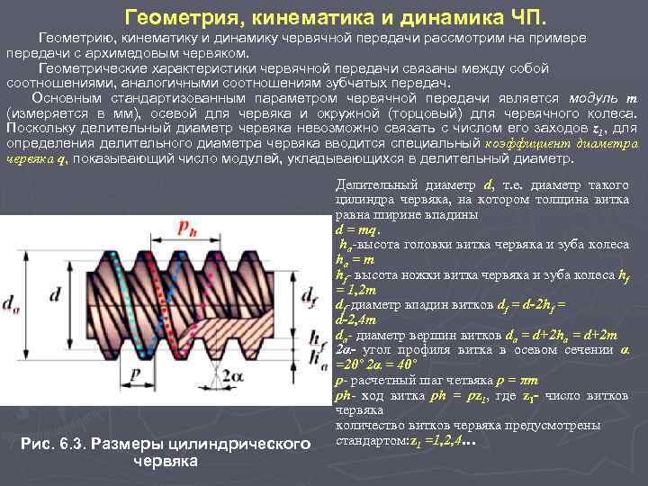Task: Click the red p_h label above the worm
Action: pos(186,200)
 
